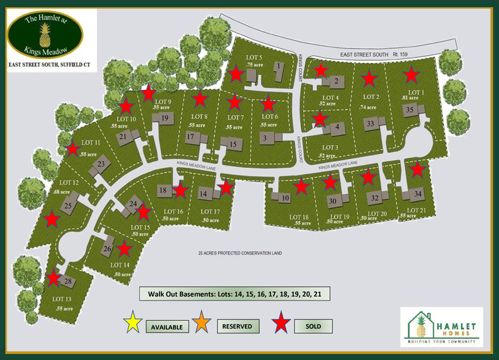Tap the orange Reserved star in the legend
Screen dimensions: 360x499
pyautogui.click(x=199, y=323)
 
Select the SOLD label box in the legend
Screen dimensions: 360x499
pyautogui.click(x=313, y=326)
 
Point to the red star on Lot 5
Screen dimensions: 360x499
pyautogui.click(x=236, y=75)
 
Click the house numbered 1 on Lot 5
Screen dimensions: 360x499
pyautogui.click(x=279, y=66)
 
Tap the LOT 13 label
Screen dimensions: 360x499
pyautogui.click(x=61, y=299)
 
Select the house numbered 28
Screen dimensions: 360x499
pyautogui.click(x=67, y=281)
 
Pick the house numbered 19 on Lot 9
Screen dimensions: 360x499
pyautogui.click(x=164, y=117)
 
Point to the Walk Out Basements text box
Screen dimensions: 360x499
pyautogui.click(x=235, y=294)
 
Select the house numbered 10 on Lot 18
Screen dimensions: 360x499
pyautogui.click(x=285, y=197)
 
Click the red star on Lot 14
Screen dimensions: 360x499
pyautogui.click(x=125, y=248)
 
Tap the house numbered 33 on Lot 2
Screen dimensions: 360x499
pyautogui.click(x=370, y=124)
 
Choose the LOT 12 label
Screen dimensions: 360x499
pyautogui.click(x=69, y=183)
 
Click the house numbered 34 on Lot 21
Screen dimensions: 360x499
pyautogui.click(x=418, y=194)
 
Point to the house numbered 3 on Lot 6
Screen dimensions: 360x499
pyautogui.click(x=264, y=139)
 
